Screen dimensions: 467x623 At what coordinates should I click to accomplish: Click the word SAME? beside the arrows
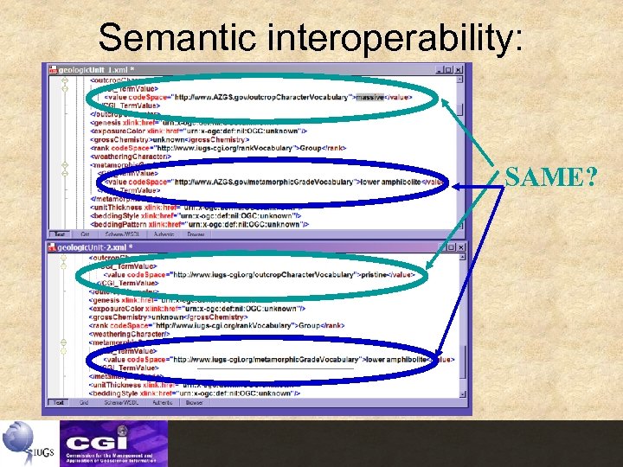(550, 177)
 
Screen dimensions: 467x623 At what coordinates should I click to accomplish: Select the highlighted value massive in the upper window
(370, 97)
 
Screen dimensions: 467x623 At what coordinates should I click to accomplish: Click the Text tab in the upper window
(60, 233)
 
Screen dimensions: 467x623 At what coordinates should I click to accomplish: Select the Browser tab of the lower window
(195, 402)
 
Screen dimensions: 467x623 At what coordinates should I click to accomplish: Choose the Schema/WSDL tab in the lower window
(122, 402)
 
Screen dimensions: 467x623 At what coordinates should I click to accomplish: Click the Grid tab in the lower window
(85, 402)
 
